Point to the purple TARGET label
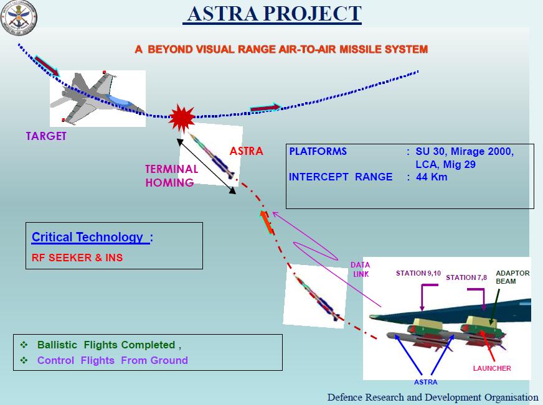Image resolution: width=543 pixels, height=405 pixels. coord(45,136)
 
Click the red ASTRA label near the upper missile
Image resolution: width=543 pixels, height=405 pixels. coord(246,151)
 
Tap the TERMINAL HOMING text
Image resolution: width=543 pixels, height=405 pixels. coord(171,175)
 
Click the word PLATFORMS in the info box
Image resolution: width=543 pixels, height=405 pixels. coord(318,151)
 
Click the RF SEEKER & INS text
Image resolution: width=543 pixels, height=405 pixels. coord(77,258)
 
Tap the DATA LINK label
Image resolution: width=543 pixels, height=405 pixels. coord(360,269)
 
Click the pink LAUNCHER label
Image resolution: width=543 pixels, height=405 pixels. coord(491,368)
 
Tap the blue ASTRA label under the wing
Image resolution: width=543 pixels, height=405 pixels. coord(425,381)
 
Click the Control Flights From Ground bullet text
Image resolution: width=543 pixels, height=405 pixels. coord(112,360)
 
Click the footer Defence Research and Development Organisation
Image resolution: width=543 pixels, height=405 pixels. coord(433,397)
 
